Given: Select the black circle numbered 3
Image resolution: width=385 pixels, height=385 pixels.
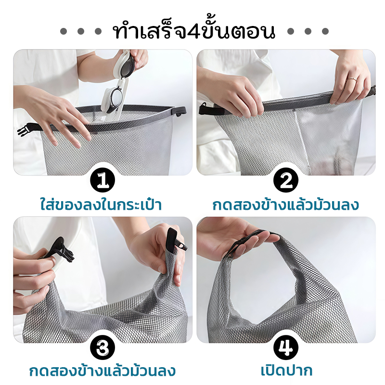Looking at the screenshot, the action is (103, 347).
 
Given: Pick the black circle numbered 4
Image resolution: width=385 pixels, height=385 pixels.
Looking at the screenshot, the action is (286, 347).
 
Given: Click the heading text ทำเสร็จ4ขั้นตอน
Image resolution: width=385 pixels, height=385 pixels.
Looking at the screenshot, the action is (194, 31).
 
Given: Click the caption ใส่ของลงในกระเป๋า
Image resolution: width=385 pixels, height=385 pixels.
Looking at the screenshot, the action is (101, 205).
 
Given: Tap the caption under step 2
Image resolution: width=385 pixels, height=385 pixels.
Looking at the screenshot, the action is (286, 205).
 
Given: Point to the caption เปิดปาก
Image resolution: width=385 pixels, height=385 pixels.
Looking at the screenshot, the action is (286, 371).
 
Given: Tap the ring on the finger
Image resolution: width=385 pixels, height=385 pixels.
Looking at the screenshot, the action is (352, 79).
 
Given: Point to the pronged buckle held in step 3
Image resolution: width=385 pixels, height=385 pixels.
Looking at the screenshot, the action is (61, 250).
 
